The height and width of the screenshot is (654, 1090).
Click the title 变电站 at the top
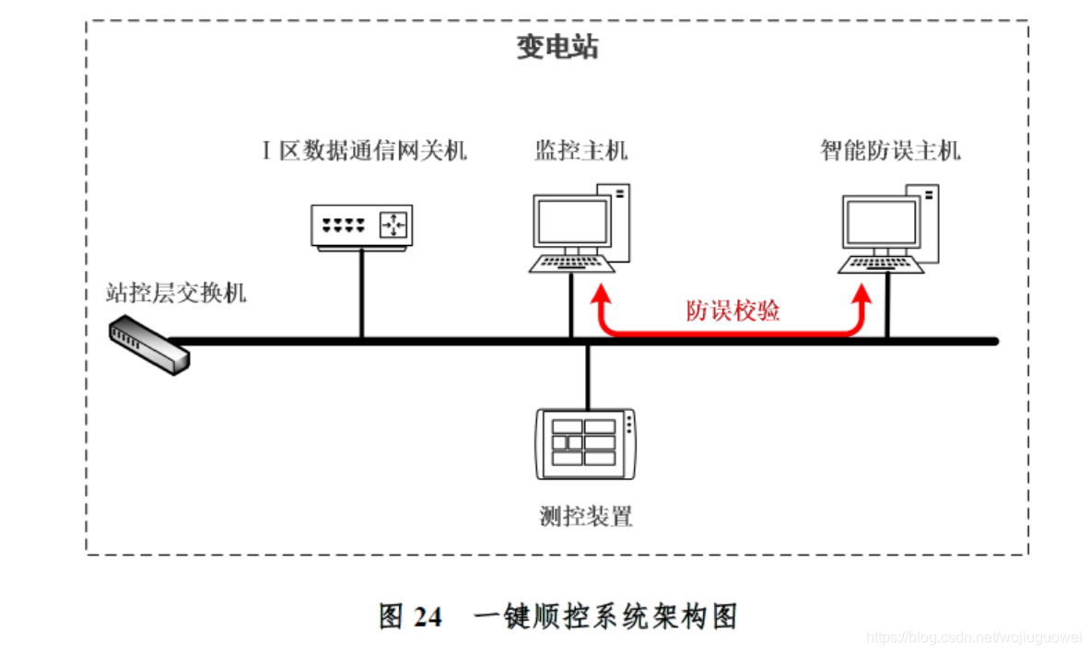click(557, 48)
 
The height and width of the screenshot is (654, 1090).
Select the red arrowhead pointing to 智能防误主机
click(861, 297)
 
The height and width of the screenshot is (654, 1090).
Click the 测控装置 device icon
click(586, 444)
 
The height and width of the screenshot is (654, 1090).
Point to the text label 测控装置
click(586, 516)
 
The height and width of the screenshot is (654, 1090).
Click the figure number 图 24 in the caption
click(410, 616)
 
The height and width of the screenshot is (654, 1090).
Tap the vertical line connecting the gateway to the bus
click(361, 295)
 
